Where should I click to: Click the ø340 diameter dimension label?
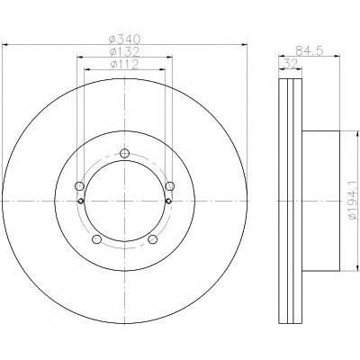tap(125, 39)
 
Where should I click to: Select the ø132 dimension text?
tap(124, 51)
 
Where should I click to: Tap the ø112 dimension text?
tap(124, 64)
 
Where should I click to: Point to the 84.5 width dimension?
tap(310, 50)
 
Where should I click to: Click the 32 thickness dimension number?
tap(290, 64)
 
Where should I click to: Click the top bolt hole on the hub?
tap(124, 153)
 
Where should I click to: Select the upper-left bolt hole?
tap(79, 186)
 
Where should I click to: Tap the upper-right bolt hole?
tap(170, 186)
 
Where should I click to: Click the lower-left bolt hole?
tap(96, 239)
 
